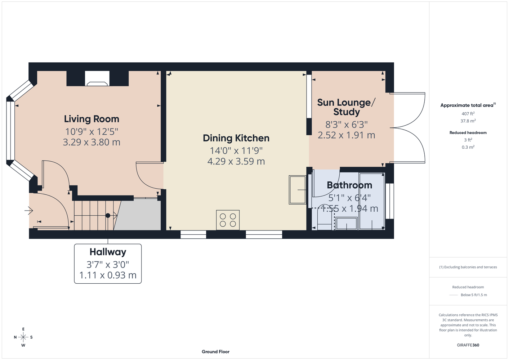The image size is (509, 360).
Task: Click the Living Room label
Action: (x=91, y=119)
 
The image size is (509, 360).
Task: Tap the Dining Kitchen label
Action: (x=236, y=138)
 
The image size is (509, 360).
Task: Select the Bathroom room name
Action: (x=349, y=185)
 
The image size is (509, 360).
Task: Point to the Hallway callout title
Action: (x=108, y=252)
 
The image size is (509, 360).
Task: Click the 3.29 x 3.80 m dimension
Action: (x=91, y=142)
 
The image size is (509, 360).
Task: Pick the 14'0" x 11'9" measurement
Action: (x=236, y=150)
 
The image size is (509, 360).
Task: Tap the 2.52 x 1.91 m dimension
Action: (x=346, y=135)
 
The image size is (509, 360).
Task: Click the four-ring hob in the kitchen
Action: (x=228, y=220)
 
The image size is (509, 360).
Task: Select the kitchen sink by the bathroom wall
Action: (x=298, y=190)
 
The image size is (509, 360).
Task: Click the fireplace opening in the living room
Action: (x=97, y=78)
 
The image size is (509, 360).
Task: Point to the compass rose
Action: (x=23, y=337)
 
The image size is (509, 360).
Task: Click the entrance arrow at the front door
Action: (x=29, y=211)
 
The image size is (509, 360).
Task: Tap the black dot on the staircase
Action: (x=108, y=216)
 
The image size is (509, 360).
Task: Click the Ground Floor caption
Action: (x=216, y=352)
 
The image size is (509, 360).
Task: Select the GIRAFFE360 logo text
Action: (x=468, y=345)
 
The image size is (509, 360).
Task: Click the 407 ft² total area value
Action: (x=468, y=113)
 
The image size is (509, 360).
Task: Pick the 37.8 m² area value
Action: (x=468, y=121)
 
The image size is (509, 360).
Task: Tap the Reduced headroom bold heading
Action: (x=468, y=132)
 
